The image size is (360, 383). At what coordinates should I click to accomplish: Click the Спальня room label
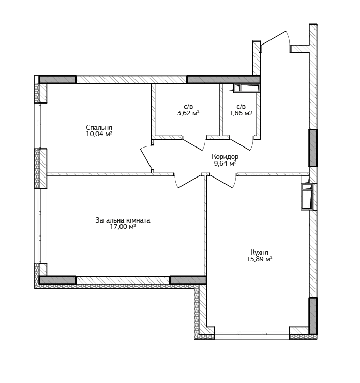point(99,127)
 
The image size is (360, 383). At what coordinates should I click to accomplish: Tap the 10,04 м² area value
point(99,134)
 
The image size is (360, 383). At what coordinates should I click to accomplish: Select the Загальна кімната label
point(123,220)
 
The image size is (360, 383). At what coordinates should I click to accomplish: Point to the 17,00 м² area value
point(123,227)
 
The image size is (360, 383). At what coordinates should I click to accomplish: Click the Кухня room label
point(259,253)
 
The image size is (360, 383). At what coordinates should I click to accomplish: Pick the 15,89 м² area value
point(259,259)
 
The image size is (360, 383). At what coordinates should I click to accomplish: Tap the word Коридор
point(225,156)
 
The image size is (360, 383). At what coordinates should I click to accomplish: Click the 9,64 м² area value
point(225,163)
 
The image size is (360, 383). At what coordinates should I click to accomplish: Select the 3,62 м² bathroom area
point(188,113)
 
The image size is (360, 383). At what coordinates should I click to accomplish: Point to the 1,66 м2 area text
point(241,113)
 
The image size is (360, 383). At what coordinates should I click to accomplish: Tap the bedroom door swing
point(146,156)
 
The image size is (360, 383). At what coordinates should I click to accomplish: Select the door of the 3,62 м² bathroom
point(194,143)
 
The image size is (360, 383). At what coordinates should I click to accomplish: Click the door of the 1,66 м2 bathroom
point(242,143)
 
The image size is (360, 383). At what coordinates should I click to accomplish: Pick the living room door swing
point(188,181)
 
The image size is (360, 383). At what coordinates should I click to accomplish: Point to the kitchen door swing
point(222,181)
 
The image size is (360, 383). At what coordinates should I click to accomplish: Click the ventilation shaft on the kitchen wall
point(307,196)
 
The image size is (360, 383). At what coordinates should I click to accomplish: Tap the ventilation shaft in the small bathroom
point(247,88)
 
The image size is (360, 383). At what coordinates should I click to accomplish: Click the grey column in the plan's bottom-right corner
point(313,316)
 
